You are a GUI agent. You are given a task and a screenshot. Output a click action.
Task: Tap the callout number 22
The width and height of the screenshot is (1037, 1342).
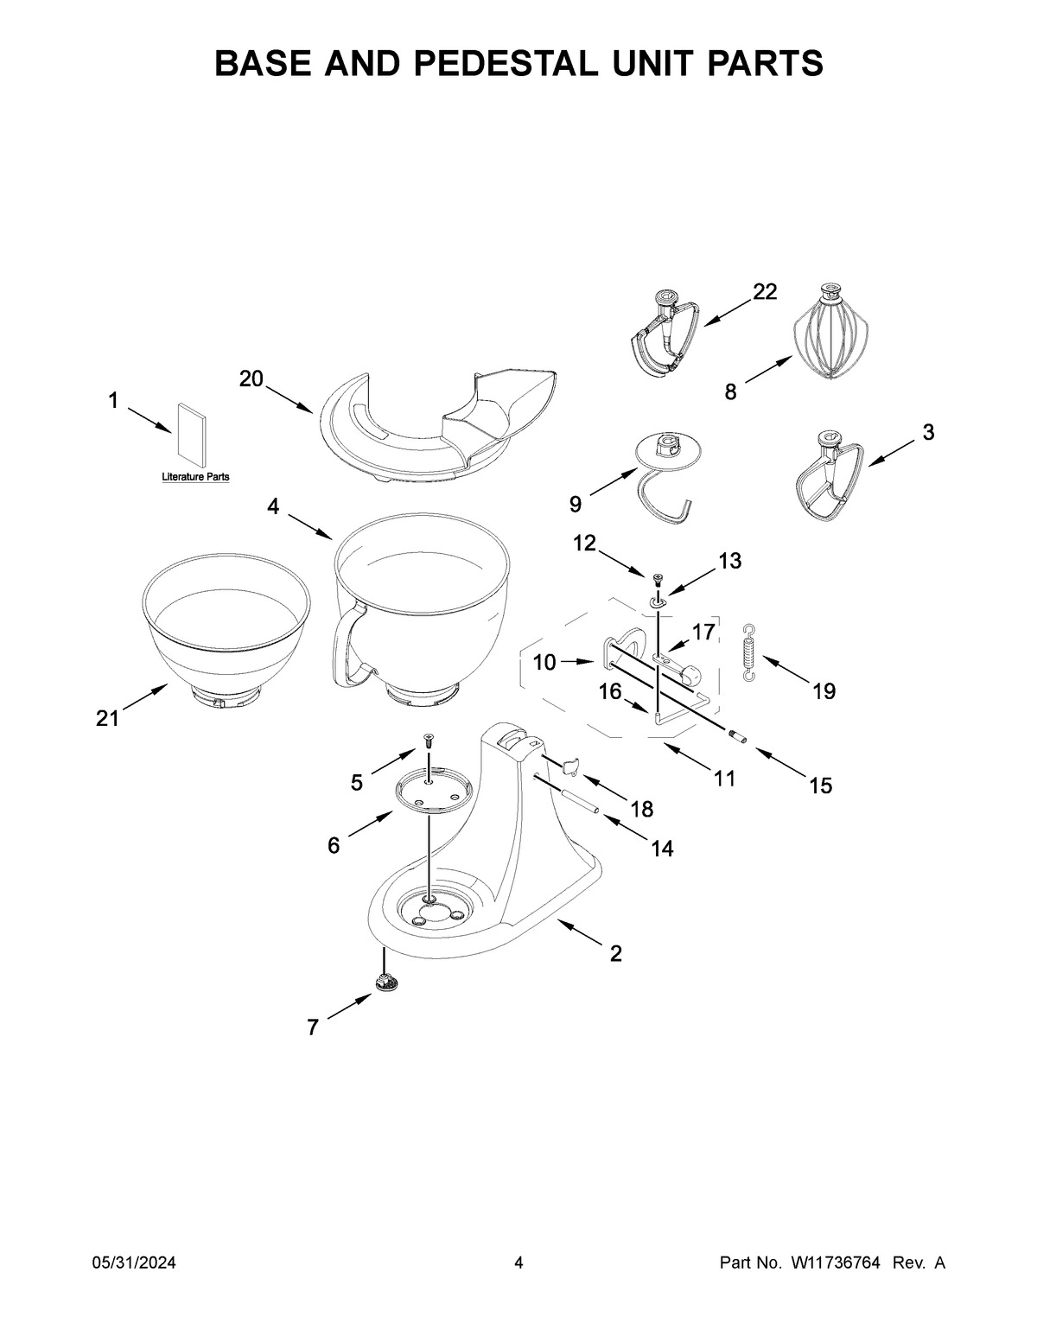[x=764, y=292]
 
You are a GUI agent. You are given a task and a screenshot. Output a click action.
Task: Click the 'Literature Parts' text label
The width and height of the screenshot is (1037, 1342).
[x=195, y=477]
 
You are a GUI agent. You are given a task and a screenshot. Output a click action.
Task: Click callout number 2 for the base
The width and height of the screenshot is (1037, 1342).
[x=615, y=953]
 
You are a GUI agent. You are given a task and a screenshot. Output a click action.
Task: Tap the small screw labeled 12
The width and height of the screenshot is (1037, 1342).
[x=657, y=577]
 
